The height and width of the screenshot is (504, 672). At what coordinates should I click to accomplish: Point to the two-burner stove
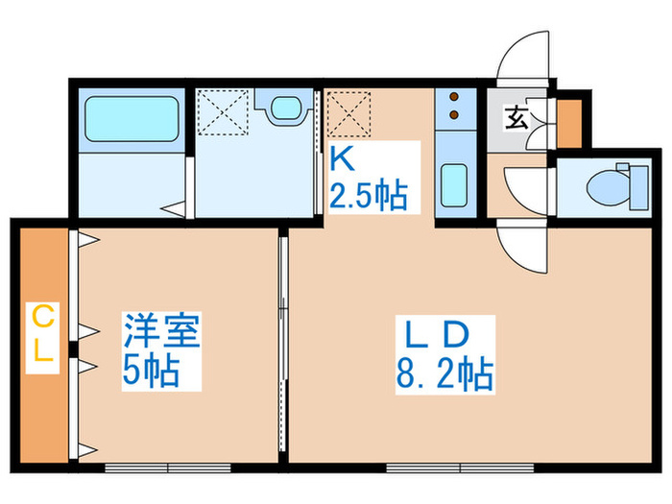pos(452,108)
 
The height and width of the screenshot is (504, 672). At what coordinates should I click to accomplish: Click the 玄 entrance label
pos(516,120)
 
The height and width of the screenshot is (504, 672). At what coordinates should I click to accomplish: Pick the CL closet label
pos(41,333)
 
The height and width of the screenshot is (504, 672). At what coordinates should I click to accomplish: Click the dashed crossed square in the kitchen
pos(348,113)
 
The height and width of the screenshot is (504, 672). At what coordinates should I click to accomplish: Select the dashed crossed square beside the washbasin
pos(223,113)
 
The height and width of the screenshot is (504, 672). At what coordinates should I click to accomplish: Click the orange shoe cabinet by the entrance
pos(568,120)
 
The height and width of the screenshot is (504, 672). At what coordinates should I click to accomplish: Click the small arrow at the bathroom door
pos(174,206)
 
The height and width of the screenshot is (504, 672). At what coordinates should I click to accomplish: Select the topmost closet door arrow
pos(86,240)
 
